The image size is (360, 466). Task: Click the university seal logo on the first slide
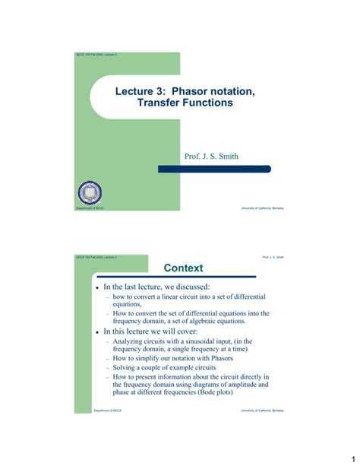pyautogui.click(x=90, y=193)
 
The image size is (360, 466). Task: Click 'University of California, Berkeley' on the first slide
pyautogui.click(x=263, y=208)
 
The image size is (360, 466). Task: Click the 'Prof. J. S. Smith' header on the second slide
pyautogui.click(x=273, y=257)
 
